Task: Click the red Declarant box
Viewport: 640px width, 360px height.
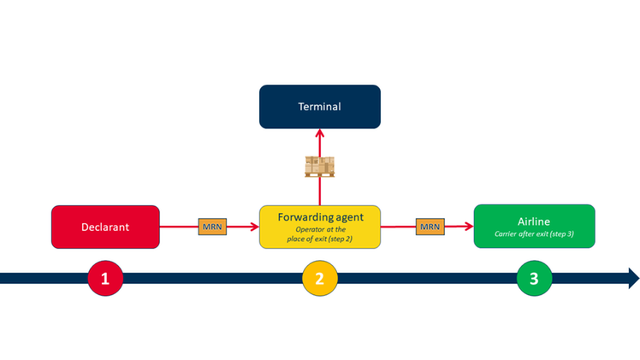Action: click(x=105, y=227)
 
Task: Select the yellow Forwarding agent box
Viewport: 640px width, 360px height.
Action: click(x=319, y=227)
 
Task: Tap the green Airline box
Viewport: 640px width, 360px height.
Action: click(x=534, y=226)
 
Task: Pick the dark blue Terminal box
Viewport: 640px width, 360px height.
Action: click(x=319, y=107)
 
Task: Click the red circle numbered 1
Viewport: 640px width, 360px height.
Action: click(x=105, y=278)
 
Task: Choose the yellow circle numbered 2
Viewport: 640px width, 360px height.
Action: click(x=319, y=278)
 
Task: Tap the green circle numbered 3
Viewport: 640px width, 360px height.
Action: click(x=534, y=278)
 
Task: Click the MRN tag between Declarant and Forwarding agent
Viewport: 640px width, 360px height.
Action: click(x=211, y=227)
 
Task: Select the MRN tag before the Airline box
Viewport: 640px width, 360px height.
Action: click(x=430, y=227)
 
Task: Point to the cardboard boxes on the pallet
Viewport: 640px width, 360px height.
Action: click(x=319, y=165)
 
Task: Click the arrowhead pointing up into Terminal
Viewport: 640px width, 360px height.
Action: click(x=319, y=133)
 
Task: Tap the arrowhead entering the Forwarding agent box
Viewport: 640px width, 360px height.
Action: click(x=254, y=227)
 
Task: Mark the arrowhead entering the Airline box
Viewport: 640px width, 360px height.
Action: click(x=469, y=227)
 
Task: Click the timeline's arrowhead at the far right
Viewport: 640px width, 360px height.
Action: click(x=633, y=278)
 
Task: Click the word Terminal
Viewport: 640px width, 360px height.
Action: click(x=319, y=107)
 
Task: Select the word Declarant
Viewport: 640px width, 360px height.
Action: click(x=105, y=227)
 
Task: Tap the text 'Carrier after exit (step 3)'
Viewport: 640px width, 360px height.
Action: click(x=534, y=233)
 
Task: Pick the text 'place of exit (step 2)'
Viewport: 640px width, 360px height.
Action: click(x=319, y=239)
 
